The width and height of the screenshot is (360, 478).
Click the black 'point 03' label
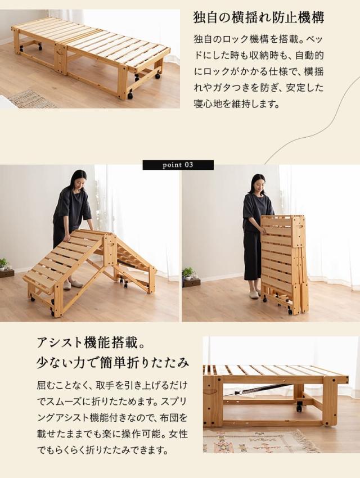pos(178,165)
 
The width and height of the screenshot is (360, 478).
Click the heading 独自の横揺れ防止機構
pos(258,17)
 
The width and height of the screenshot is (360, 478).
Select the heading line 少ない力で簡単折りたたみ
pos(112,361)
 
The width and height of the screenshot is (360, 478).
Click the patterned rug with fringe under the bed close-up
pos(259,442)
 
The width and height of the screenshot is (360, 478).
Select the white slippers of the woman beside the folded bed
pos(254,294)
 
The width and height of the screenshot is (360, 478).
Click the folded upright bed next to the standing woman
pos(284,262)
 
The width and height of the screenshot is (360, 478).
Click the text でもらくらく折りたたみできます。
pos(102,450)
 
